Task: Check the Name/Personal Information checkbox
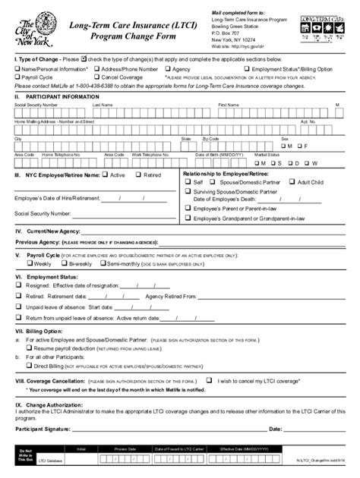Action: coord(17,68)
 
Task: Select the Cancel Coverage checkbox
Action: coord(97,77)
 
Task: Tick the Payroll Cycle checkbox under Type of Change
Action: coord(17,77)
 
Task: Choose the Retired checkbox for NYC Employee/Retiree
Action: coord(138,175)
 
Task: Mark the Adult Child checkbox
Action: coord(292,183)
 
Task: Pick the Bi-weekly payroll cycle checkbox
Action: coord(64,264)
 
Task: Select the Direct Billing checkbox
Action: coord(29,365)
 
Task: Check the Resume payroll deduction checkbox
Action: coord(29,348)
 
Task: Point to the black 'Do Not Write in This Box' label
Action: coord(25,455)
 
